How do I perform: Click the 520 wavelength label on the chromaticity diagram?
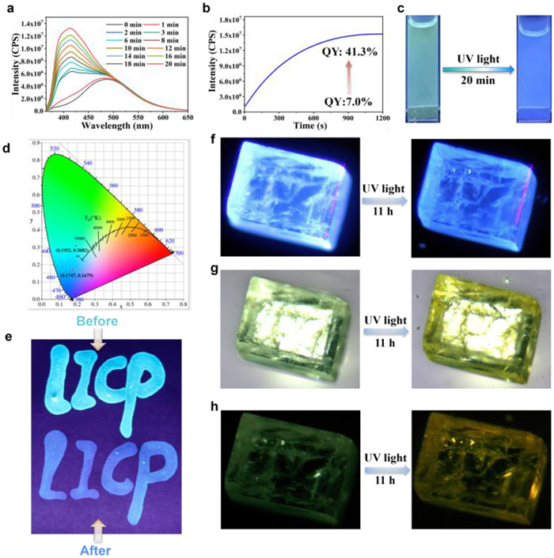(55, 149)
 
